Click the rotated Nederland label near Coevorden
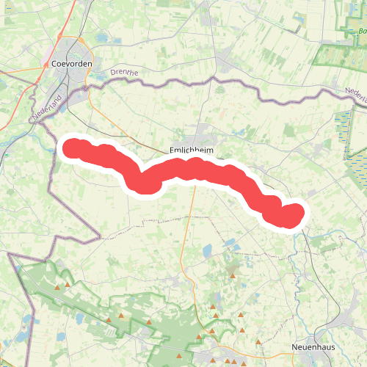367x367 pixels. [46, 107]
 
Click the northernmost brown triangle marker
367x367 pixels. [233, 276]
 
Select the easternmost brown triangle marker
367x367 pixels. [258, 342]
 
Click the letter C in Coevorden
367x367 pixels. [55, 63]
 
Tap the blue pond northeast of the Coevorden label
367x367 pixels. [101, 38]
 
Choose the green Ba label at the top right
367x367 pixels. [362, 32]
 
